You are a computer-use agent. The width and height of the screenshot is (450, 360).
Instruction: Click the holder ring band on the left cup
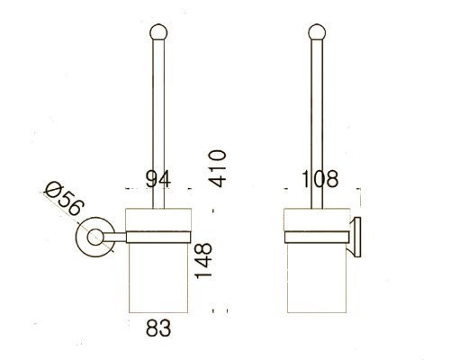tap(157, 238)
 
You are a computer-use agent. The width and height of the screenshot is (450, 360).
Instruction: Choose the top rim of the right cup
tap(315, 211)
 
